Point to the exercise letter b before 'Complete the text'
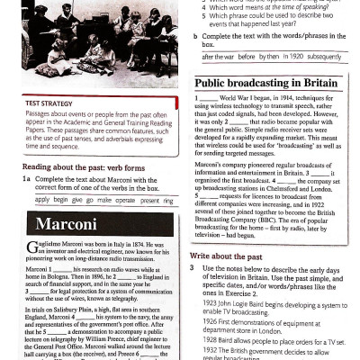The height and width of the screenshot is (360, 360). point(196,35)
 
